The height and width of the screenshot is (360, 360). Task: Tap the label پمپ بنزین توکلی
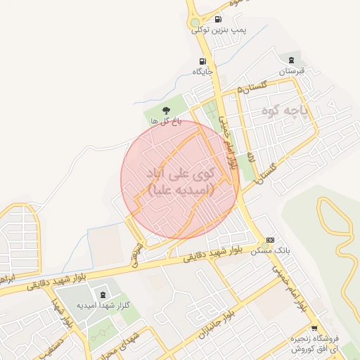coord(229,30)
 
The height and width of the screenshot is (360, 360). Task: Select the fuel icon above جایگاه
coord(202,61)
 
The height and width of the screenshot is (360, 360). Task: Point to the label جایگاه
coord(202,72)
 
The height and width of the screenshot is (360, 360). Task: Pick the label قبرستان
coord(290,72)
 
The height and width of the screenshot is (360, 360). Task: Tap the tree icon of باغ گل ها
coord(167,110)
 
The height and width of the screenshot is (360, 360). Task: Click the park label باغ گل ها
coord(167,121)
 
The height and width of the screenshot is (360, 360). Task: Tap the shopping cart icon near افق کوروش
coord(314,328)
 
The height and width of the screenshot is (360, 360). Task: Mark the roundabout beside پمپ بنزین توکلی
coord(198,29)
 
